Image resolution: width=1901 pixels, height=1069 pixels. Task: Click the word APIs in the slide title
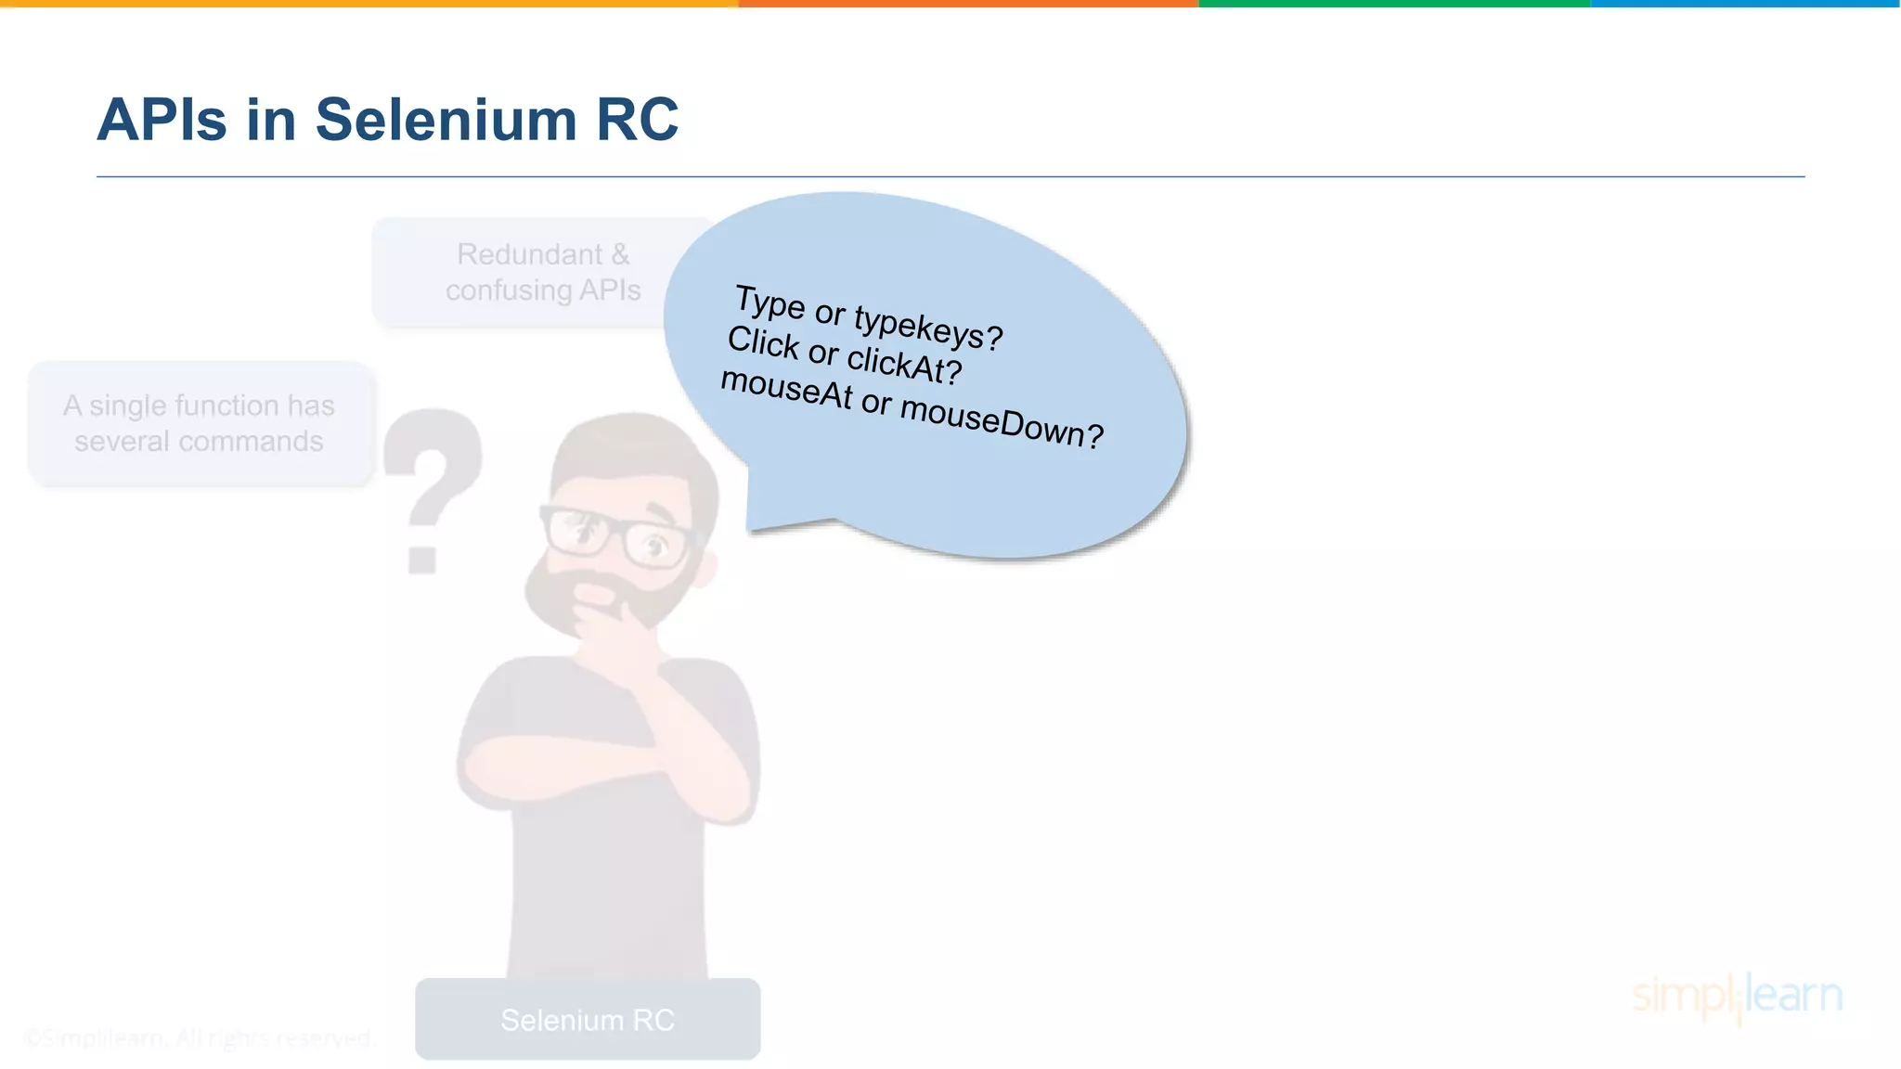click(162, 120)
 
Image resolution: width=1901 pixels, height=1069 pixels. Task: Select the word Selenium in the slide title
click(446, 120)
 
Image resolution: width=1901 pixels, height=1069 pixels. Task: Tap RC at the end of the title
click(637, 120)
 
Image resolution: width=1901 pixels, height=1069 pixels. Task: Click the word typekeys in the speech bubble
click(927, 326)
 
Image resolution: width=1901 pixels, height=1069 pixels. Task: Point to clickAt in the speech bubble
click(904, 365)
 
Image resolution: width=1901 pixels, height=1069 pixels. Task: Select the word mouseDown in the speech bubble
click(1002, 422)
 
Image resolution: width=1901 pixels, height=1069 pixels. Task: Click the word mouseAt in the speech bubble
click(786, 389)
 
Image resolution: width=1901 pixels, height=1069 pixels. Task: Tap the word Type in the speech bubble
click(769, 303)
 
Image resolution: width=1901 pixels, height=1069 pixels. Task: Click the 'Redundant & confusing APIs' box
click(543, 272)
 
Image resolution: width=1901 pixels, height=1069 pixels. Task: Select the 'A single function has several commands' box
click(200, 423)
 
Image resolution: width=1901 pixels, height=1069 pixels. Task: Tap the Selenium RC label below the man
click(588, 1019)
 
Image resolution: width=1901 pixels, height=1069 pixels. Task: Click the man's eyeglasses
click(616, 534)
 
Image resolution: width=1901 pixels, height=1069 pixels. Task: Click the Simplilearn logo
click(1737, 997)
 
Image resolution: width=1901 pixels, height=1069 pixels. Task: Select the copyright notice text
click(199, 1037)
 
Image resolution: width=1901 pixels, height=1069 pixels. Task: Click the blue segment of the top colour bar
click(1745, 4)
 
